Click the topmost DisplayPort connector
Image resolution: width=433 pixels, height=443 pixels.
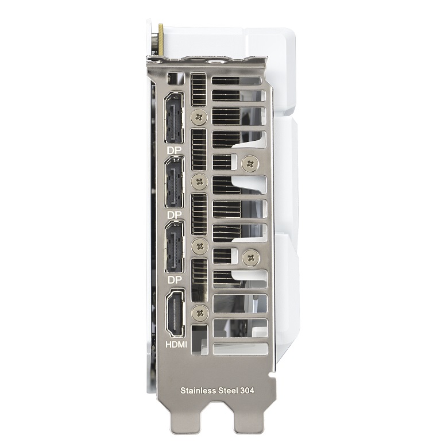click(174, 118)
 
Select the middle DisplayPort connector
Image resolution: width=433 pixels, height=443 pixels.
click(174, 182)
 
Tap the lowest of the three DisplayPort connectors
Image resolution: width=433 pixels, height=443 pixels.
click(174, 246)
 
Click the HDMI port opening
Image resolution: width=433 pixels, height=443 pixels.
click(175, 313)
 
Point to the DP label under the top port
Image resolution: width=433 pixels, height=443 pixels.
click(174, 151)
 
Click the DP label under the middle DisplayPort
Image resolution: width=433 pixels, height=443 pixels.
click(174, 215)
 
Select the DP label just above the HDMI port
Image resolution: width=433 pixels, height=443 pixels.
click(174, 280)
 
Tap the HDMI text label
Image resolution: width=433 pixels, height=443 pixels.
click(176, 344)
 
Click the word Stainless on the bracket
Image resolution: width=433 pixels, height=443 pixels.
click(198, 391)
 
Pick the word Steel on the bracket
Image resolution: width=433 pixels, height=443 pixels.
click(229, 391)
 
